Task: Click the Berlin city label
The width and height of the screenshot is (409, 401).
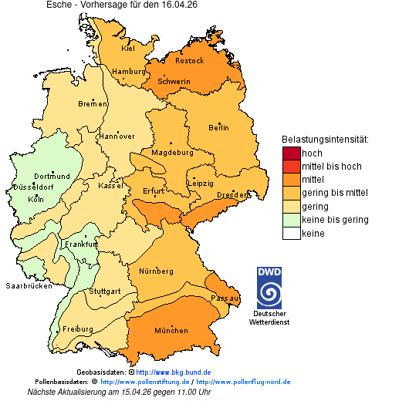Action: click(218, 127)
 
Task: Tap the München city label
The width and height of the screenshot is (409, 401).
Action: click(171, 331)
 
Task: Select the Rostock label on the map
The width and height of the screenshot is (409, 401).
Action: click(189, 60)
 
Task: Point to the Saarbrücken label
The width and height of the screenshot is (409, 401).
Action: click(29, 285)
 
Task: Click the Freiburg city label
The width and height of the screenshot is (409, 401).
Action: click(77, 329)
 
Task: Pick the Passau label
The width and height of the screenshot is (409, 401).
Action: click(225, 297)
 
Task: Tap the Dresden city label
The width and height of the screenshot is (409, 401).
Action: click(232, 195)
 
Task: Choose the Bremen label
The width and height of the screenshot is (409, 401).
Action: click(93, 104)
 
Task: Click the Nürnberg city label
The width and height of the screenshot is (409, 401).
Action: click(156, 271)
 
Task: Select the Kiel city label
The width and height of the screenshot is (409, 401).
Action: click(128, 48)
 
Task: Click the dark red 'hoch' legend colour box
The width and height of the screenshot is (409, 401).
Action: click(291, 153)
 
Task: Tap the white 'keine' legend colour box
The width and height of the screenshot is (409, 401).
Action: click(291, 234)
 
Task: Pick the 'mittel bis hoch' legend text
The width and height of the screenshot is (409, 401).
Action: click(331, 167)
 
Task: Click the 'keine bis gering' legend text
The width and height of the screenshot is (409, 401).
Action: click(335, 220)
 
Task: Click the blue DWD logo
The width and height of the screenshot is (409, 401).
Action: click(269, 288)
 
